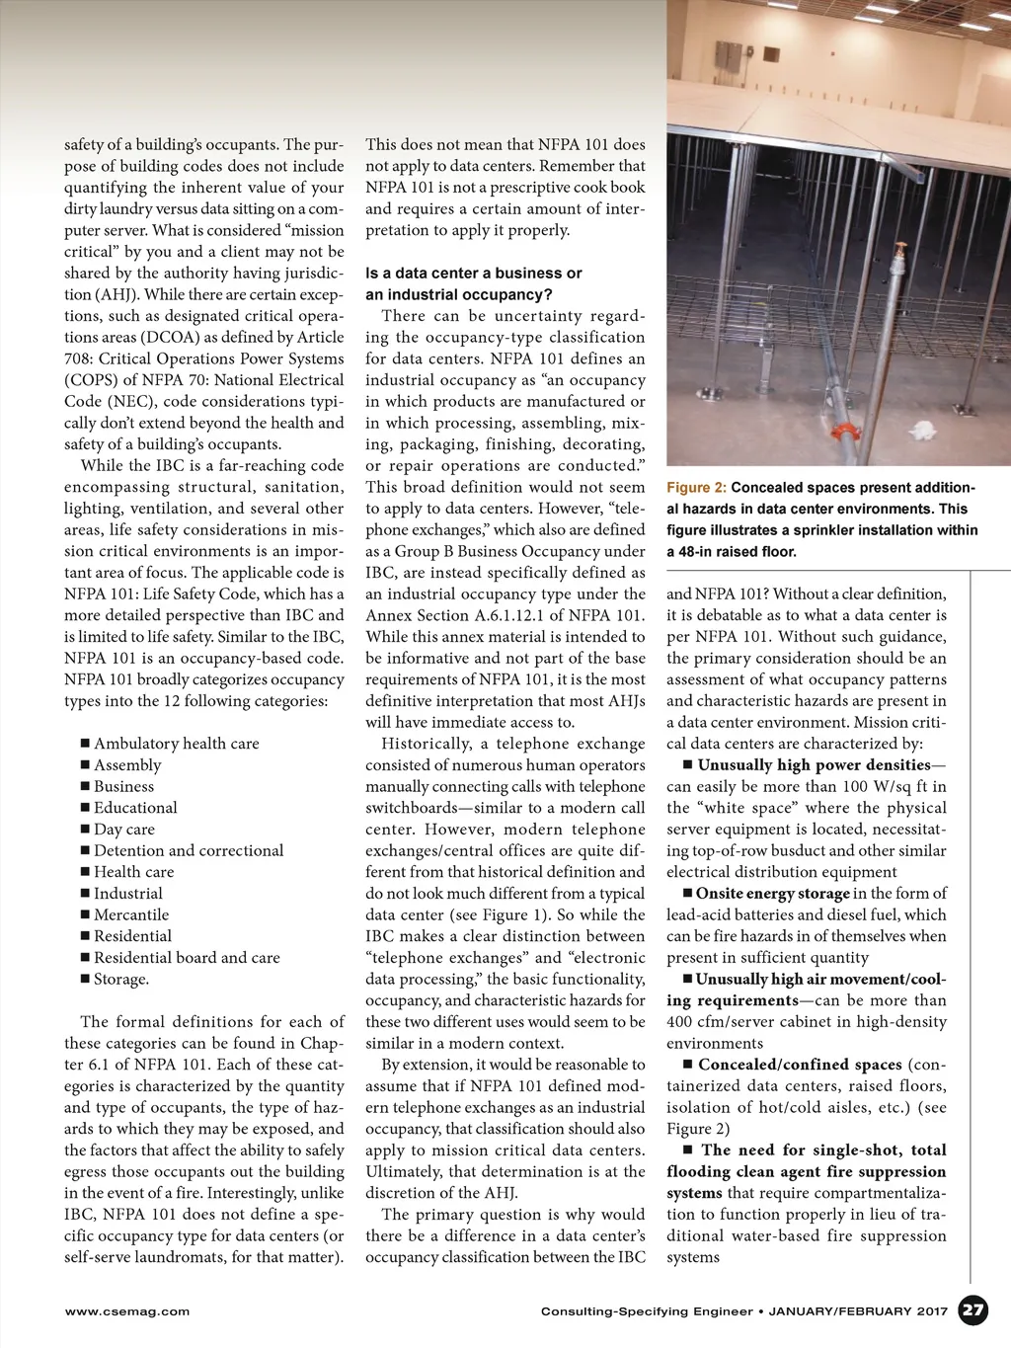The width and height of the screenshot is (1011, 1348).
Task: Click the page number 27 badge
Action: (x=973, y=1310)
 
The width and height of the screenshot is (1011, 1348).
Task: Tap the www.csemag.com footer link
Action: (x=126, y=1311)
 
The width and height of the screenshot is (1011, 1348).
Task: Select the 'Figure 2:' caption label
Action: (x=696, y=488)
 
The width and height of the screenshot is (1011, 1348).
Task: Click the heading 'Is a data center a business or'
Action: (x=473, y=274)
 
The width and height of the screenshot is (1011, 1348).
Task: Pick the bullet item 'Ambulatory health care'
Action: (x=176, y=744)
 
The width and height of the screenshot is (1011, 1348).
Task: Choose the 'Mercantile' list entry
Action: (x=131, y=915)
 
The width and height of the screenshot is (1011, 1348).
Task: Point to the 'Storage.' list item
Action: (x=121, y=980)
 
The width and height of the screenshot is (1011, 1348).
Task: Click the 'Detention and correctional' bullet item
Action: (x=188, y=851)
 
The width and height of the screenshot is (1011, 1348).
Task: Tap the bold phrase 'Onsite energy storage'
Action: (x=772, y=894)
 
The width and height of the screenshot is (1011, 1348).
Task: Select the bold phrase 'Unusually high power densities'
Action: (x=814, y=765)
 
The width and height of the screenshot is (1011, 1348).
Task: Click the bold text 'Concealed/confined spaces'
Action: (x=800, y=1065)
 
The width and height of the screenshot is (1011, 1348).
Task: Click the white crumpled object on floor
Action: (x=925, y=432)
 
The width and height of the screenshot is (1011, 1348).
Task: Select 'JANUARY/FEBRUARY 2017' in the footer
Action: (x=858, y=1311)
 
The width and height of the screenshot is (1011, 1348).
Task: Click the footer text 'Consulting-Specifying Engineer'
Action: (x=647, y=1311)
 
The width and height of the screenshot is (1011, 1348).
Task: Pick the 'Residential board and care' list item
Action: (x=187, y=958)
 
